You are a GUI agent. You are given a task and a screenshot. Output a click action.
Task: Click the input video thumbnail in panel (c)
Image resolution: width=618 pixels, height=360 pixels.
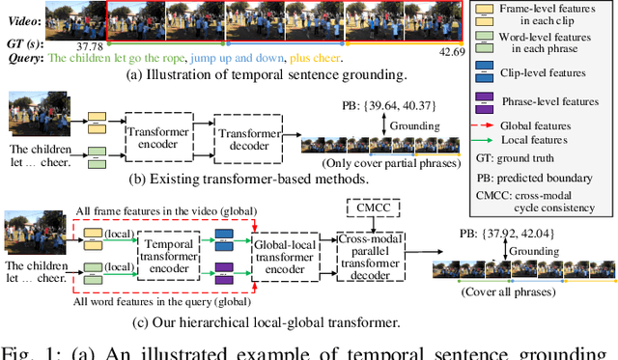pos(27,236)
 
